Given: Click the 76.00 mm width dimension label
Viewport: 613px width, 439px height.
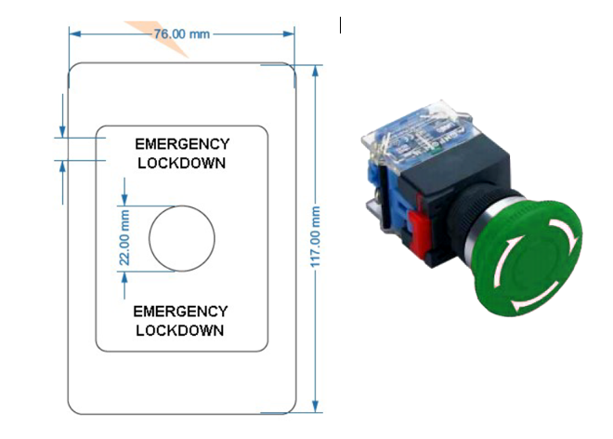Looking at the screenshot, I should click(180, 34).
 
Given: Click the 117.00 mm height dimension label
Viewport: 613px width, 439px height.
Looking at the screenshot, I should click(316, 238).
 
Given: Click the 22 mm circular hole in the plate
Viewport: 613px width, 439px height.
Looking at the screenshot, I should click(182, 238).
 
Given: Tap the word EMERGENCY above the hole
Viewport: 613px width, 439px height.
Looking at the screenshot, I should click(182, 144).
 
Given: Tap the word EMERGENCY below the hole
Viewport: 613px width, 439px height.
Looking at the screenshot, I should click(180, 311).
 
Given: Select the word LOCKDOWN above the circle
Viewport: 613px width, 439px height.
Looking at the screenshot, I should click(182, 163).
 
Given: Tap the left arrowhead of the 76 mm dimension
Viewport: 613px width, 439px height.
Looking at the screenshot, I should click(74, 34).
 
